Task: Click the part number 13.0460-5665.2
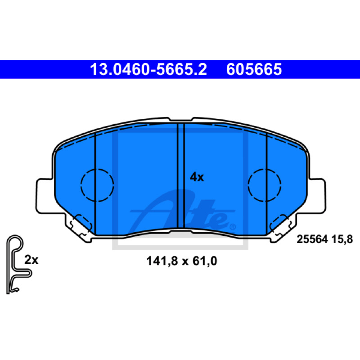pyautogui.click(x=148, y=69)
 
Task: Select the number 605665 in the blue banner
pyautogui.click(x=254, y=69)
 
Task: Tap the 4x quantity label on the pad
pyautogui.click(x=197, y=177)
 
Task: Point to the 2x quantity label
pyautogui.click(x=31, y=260)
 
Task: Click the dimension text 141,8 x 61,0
pyautogui.click(x=182, y=261)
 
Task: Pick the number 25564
pyautogui.click(x=312, y=239)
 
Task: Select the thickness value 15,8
pyautogui.click(x=342, y=239)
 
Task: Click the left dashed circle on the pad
pyautogui.click(x=97, y=185)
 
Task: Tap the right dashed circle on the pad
pyautogui.click(x=265, y=185)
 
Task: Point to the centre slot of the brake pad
pyautogui.click(x=181, y=175)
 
